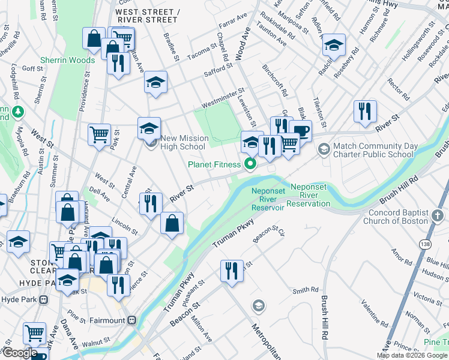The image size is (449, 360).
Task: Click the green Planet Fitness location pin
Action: (252, 163)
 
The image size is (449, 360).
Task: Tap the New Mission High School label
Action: (184, 142)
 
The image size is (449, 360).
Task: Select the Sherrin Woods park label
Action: (68, 61)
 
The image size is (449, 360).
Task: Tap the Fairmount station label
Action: (107, 320)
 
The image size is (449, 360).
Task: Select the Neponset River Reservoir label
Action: (268, 199)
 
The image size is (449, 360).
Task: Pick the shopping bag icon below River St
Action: (172, 223)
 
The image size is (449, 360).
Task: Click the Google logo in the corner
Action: (19, 353)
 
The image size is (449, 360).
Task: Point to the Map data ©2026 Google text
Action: (412, 355)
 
